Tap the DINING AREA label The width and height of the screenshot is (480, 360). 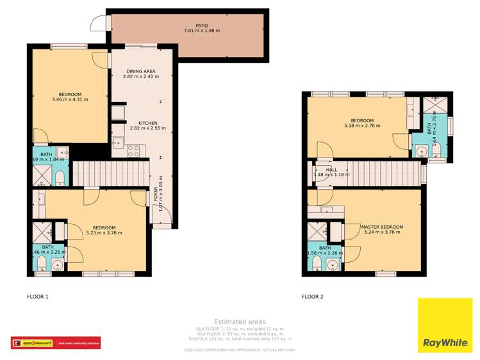(x=140, y=71)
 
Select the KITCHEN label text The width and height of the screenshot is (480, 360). (x=147, y=122)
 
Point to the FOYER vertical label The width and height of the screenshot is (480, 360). (x=156, y=192)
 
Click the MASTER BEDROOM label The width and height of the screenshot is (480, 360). (x=382, y=227)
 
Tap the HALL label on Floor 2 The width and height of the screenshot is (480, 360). (x=331, y=170)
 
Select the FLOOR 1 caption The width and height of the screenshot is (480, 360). (x=38, y=297)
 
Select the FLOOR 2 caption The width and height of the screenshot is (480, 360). (x=313, y=297)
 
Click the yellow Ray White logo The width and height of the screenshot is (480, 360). (x=445, y=325)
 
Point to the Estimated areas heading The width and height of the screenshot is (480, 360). (x=240, y=322)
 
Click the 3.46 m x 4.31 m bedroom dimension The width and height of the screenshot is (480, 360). (x=70, y=100)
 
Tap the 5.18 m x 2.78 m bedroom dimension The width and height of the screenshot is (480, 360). (x=362, y=126)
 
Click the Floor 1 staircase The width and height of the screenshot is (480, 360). (x=109, y=173)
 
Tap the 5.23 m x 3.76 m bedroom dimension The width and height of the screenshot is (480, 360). (x=104, y=233)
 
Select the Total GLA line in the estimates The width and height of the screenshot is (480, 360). (x=240, y=339)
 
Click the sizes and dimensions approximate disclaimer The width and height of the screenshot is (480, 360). (x=240, y=350)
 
